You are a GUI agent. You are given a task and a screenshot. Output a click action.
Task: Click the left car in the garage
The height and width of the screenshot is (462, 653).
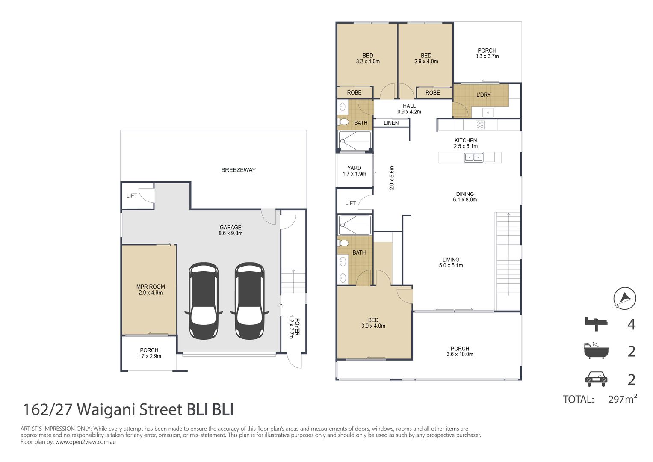pos(204,301)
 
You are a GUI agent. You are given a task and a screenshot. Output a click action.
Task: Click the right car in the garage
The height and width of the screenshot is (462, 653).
pos(250,301)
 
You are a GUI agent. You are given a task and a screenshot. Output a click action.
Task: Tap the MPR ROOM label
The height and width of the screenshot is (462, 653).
pos(151,287)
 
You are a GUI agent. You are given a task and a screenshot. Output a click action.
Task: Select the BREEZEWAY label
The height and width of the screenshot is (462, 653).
pos(238,170)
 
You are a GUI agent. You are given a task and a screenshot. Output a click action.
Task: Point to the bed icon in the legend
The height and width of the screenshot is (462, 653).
pos(596,323)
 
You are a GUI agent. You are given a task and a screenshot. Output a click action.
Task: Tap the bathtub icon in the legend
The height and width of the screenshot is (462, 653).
pos(596,351)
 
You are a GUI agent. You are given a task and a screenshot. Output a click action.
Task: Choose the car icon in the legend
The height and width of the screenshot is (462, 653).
pos(596,379)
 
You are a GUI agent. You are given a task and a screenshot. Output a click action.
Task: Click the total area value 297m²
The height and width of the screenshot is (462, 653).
pos(622,399)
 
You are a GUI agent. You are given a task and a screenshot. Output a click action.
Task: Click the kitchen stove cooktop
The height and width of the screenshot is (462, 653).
pos(480,125)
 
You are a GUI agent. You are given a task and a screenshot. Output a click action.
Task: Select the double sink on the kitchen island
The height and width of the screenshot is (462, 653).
pos(474,157)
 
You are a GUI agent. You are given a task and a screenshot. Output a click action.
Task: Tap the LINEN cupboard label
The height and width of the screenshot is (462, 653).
pos(391,123)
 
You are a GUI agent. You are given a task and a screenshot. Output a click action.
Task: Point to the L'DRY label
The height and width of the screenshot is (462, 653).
pos(483,95)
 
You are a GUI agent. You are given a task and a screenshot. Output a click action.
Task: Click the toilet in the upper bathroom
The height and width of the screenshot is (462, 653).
pos(344,122)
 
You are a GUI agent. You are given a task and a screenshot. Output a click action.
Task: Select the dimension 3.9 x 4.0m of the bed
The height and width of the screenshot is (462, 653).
pos(373,326)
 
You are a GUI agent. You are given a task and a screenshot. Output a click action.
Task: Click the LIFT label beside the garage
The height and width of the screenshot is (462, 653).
pos(132,196)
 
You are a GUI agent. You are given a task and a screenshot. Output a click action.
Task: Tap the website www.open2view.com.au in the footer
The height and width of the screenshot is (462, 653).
pos(86,442)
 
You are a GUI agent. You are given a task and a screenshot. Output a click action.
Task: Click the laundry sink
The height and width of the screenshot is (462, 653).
pos(488,113)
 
